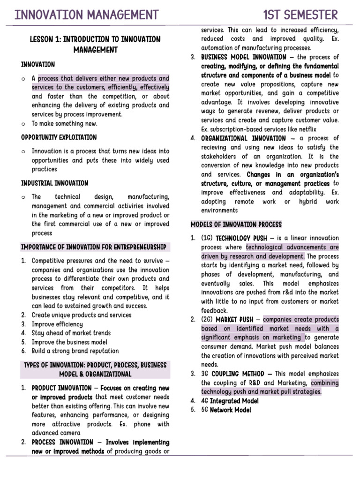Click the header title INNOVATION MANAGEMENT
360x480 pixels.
[87, 15]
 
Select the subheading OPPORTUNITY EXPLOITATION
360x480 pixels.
[59, 137]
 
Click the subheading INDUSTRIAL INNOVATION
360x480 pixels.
[54, 183]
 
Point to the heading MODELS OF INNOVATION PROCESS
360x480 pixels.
[236, 224]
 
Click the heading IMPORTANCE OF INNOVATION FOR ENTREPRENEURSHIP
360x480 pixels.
[93, 247]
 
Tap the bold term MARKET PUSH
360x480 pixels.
[234, 320]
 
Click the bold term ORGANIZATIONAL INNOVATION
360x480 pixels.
[243, 138]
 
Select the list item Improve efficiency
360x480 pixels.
[57, 324]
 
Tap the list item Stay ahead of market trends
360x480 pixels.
[71, 333]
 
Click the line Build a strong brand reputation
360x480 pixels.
[75, 351]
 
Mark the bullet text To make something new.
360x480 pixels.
[65, 124]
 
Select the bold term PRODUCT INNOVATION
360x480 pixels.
[62, 388]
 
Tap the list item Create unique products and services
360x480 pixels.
[82, 315]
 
